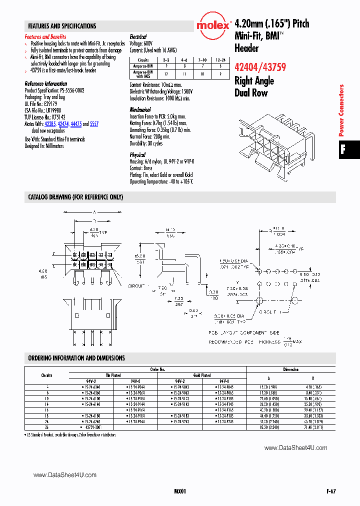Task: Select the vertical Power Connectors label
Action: [x=342, y=110]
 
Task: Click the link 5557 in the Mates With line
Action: [x=94, y=123]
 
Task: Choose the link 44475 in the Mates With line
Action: [x=76, y=123]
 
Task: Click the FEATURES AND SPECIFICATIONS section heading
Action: [x=62, y=26]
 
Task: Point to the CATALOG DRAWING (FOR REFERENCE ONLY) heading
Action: [x=75, y=197]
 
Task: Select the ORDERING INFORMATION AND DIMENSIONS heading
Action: [x=76, y=358]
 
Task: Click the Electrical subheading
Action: [x=138, y=37]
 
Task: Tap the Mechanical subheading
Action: [x=140, y=109]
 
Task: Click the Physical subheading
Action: [x=137, y=155]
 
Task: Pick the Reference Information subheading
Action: [x=45, y=83]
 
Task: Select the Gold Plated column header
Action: [x=202, y=375]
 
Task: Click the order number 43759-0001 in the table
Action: [x=90, y=427]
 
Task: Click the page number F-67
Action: [x=330, y=491]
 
